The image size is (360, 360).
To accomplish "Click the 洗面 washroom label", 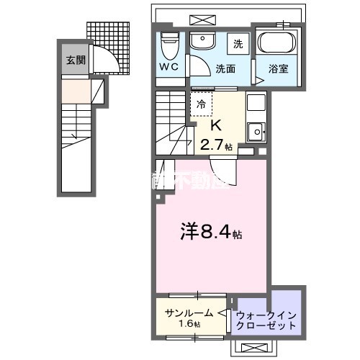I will tap(225, 69).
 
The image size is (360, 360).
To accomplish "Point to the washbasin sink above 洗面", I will tap(203, 41).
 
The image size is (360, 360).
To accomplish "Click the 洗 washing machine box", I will tap(238, 44).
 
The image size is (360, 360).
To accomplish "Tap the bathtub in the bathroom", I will tap(276, 45).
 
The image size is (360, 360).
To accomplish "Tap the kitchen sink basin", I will tap(255, 130).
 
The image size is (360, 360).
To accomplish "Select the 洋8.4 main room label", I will tap(210, 234).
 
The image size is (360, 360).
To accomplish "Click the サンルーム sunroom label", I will tap(189, 312).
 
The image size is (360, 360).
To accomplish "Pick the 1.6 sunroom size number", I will tap(191, 325).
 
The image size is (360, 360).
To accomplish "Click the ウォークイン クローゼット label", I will tap(266, 320).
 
